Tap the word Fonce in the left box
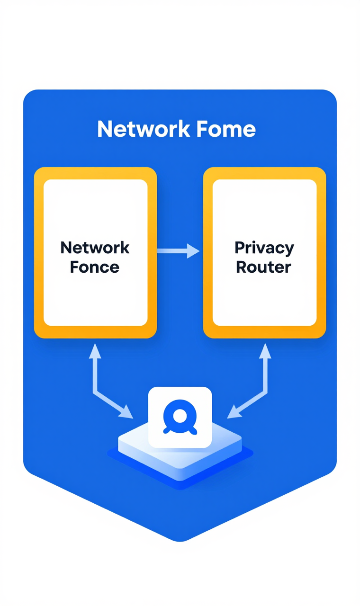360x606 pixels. click(x=95, y=267)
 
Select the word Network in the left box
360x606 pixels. click(x=95, y=247)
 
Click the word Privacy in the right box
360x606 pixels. click(x=264, y=247)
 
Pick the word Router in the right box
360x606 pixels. click(x=263, y=267)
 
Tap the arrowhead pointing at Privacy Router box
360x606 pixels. click(x=193, y=251)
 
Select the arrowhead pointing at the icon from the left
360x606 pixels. click(x=126, y=412)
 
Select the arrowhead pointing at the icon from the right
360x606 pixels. click(x=234, y=412)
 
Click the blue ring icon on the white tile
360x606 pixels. click(x=180, y=417)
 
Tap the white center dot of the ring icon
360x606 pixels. click(x=180, y=416)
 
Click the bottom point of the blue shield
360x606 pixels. click(x=180, y=540)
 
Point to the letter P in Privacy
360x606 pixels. click(x=240, y=247)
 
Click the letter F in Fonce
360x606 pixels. click(x=74, y=267)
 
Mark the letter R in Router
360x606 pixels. click(x=241, y=267)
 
